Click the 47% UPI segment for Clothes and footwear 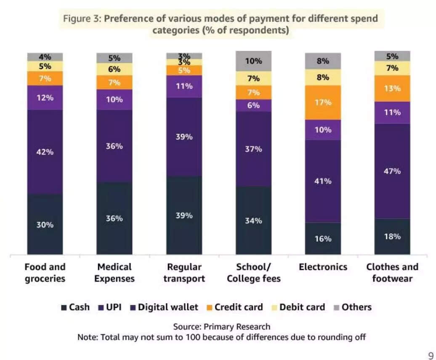pos(392,171)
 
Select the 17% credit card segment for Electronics pos(323,102)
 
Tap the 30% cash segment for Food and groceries pos(45,224)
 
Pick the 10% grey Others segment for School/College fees pos(253,61)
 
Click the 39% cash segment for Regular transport pos(184,215)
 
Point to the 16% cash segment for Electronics pos(323,238)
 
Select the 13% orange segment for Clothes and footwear pos(392,88)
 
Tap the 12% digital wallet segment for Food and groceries pos(45,98)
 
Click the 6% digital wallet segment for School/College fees pos(253,105)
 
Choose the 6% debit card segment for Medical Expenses pos(114,69)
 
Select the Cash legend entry pos(75,307)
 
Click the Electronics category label pos(323,267)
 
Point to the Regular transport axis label pos(184,272)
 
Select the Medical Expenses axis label pos(114,272)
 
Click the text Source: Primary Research pos(222,327)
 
